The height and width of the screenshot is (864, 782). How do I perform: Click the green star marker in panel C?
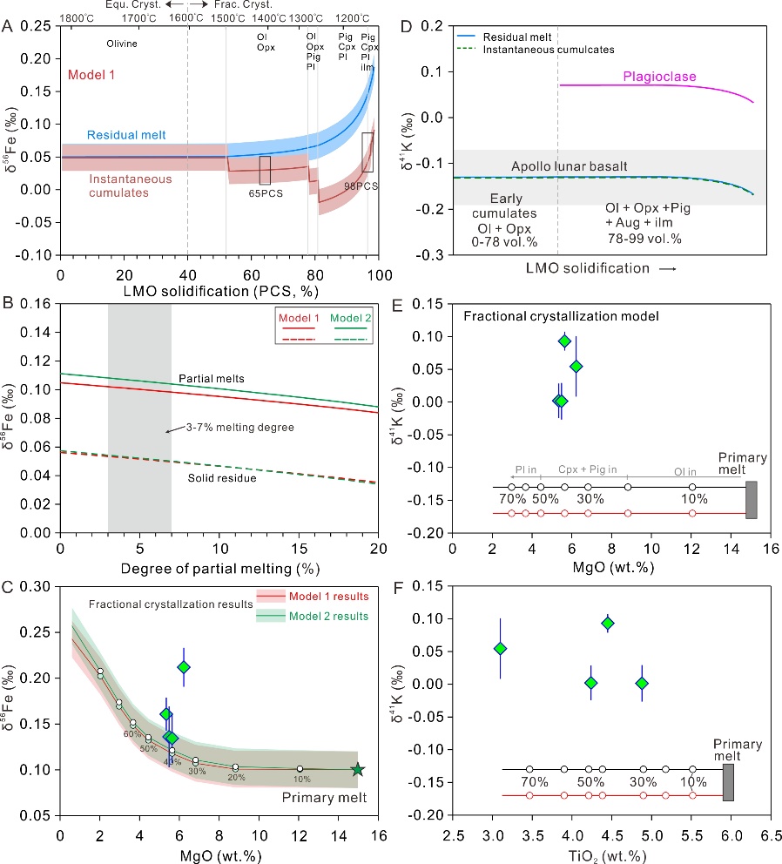click(358, 770)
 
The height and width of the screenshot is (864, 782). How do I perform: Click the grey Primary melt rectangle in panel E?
click(752, 499)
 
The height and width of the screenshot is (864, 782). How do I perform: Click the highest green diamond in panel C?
click(184, 667)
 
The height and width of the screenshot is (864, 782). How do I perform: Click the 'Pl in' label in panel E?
click(524, 469)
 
